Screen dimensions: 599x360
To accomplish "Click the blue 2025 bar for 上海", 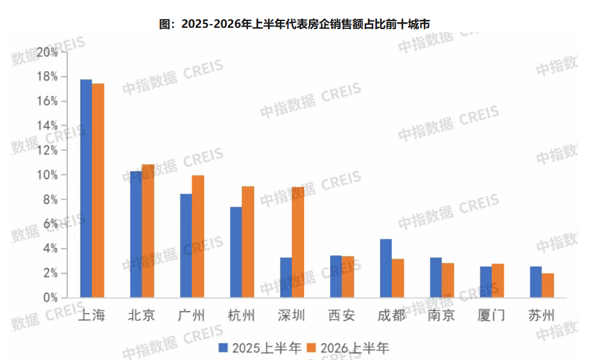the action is point(86,189).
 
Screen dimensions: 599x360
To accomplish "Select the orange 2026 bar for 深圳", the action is point(298,242).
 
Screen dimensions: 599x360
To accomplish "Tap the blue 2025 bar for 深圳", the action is point(286,278).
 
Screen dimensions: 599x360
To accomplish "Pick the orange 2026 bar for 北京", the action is point(148,231).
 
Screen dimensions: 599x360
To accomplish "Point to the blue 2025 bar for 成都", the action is point(386,268).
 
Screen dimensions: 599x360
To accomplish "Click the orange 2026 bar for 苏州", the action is point(548,286).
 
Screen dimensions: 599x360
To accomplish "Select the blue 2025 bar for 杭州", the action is point(236,252).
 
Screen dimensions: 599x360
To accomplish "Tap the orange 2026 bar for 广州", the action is point(198,236).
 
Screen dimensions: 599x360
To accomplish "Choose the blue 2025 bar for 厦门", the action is point(486,282).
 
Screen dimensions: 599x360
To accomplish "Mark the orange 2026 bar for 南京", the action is point(448,280).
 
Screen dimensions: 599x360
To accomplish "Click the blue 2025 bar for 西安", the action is point(336,276).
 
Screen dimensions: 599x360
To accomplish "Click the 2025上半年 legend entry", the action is point(260,348).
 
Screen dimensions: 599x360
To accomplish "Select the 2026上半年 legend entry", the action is point(348,348).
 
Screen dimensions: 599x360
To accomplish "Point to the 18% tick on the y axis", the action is point(48,77).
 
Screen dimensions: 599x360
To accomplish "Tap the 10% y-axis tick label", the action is point(48,175).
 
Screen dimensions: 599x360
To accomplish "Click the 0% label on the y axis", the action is point(51,298).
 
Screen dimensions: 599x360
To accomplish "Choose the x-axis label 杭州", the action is point(241,315).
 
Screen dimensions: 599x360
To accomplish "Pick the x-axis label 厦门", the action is point(491,315).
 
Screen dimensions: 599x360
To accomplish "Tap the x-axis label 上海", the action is point(91,315).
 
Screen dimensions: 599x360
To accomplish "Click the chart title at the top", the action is point(294,24).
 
